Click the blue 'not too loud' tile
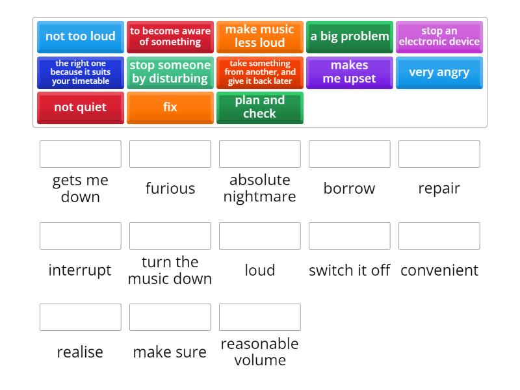(x=81, y=37)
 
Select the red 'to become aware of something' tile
(x=170, y=37)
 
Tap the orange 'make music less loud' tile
(x=259, y=37)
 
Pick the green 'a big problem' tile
(x=350, y=37)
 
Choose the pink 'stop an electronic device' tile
(x=439, y=37)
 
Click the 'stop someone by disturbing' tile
(x=170, y=73)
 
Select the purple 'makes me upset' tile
(x=350, y=73)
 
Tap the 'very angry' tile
(x=439, y=73)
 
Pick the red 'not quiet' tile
(x=81, y=108)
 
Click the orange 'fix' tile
(x=170, y=108)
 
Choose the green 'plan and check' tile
(x=259, y=108)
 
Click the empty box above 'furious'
(x=170, y=154)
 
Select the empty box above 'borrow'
(x=350, y=154)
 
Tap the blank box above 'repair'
(x=439, y=154)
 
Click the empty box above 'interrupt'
(x=81, y=236)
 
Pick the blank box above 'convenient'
(x=439, y=236)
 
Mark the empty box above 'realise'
(x=81, y=317)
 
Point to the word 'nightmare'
(x=259, y=197)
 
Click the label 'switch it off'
(x=350, y=270)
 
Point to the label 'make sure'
(x=170, y=352)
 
